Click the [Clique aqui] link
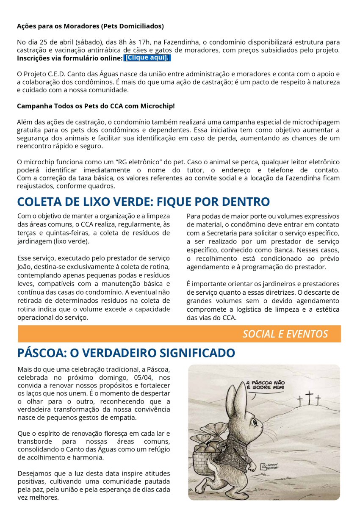tap(147, 58)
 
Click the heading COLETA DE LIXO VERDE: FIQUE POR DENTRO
tap(144, 202)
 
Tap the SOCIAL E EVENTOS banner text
tap(285, 334)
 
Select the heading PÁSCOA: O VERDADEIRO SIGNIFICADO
tap(126, 353)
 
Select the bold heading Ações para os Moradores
tap(90, 26)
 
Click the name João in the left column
tap(25, 266)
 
